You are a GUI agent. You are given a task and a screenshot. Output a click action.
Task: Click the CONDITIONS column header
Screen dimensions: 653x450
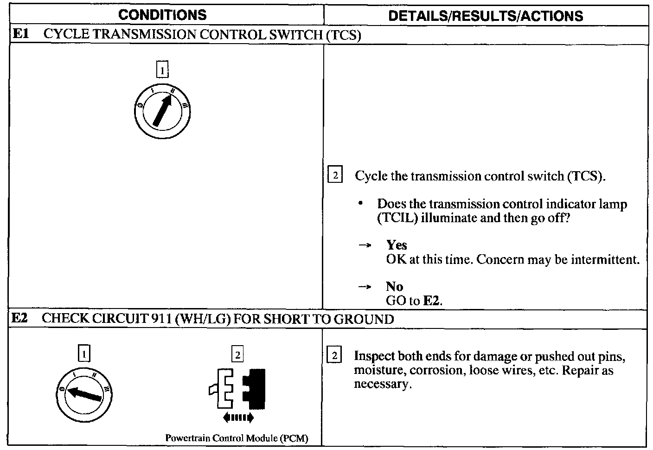[162, 15]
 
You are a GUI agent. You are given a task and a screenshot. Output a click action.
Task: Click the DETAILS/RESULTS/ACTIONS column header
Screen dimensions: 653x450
[485, 16]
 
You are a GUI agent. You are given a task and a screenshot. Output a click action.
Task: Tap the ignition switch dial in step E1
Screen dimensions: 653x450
[161, 111]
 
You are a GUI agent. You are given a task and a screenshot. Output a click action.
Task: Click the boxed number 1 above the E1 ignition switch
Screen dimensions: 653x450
[162, 70]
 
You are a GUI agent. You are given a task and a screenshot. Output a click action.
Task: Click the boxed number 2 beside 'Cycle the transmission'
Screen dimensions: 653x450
[335, 175]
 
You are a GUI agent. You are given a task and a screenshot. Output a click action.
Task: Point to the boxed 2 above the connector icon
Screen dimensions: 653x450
[237, 355]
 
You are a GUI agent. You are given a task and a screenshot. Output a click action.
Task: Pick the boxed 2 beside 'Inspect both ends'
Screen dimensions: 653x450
[335, 356]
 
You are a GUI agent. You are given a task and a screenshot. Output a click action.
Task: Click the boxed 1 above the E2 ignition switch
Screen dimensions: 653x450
[83, 354]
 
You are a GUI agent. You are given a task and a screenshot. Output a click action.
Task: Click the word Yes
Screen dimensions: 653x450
[397, 245]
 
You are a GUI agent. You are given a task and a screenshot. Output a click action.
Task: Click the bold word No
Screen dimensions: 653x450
[394, 286]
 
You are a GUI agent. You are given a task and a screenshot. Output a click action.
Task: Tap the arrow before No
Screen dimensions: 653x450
[364, 287]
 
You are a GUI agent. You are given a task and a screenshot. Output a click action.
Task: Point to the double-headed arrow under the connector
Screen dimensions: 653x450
[238, 418]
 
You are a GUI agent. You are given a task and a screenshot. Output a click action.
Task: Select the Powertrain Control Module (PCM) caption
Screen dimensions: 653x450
[237, 438]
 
